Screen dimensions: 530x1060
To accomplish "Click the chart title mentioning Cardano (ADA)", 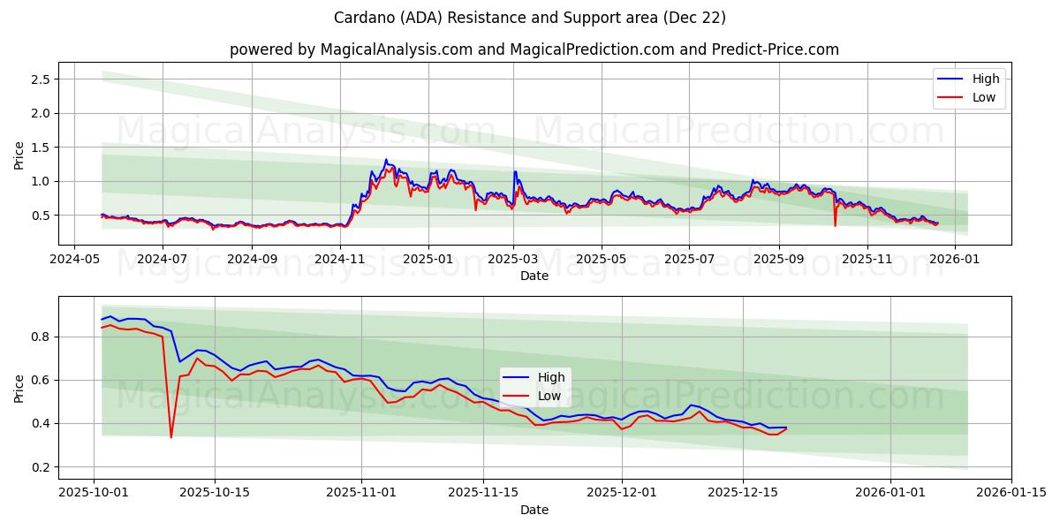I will (530, 18).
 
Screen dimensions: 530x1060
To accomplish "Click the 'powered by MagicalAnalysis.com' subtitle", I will (534, 49).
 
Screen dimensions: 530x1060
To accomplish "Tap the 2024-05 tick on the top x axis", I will (73, 260).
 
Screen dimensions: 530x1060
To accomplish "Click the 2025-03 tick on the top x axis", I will (513, 260).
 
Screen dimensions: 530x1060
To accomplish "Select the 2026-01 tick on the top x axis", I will (956, 260).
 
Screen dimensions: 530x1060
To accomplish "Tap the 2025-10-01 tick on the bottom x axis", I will (94, 493).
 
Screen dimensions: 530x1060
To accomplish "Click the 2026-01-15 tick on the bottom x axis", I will (1011, 493).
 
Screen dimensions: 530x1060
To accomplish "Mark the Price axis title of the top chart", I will (19, 154).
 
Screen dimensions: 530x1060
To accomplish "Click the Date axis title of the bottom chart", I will (534, 510).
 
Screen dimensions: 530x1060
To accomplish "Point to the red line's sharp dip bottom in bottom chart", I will (171, 437).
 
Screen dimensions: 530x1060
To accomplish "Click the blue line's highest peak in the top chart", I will (385, 160).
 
